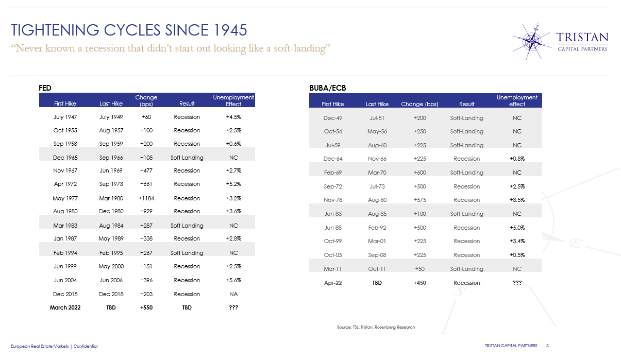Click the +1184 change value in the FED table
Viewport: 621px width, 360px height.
(x=146, y=198)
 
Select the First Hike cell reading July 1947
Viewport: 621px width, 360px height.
(x=65, y=117)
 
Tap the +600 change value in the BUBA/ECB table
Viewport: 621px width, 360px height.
(x=419, y=173)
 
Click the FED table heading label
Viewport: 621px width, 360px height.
(x=45, y=88)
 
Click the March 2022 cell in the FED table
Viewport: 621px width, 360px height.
(x=65, y=307)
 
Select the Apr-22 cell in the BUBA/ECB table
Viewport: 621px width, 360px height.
(x=333, y=283)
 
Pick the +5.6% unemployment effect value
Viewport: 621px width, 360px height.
(x=233, y=280)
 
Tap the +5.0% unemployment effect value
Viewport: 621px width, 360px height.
(x=517, y=228)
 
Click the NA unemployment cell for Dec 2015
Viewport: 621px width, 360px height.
(x=233, y=294)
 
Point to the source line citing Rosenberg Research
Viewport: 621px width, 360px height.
(x=376, y=327)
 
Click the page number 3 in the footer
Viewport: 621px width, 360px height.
(x=547, y=346)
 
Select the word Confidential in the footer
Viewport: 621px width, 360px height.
(x=85, y=346)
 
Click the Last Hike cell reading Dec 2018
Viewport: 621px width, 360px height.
(x=111, y=294)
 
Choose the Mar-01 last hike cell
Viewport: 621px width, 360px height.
(x=377, y=241)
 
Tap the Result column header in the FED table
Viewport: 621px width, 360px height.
(x=187, y=104)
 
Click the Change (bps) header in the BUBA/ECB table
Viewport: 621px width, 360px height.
(x=419, y=104)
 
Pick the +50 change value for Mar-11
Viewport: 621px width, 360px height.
(x=419, y=269)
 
